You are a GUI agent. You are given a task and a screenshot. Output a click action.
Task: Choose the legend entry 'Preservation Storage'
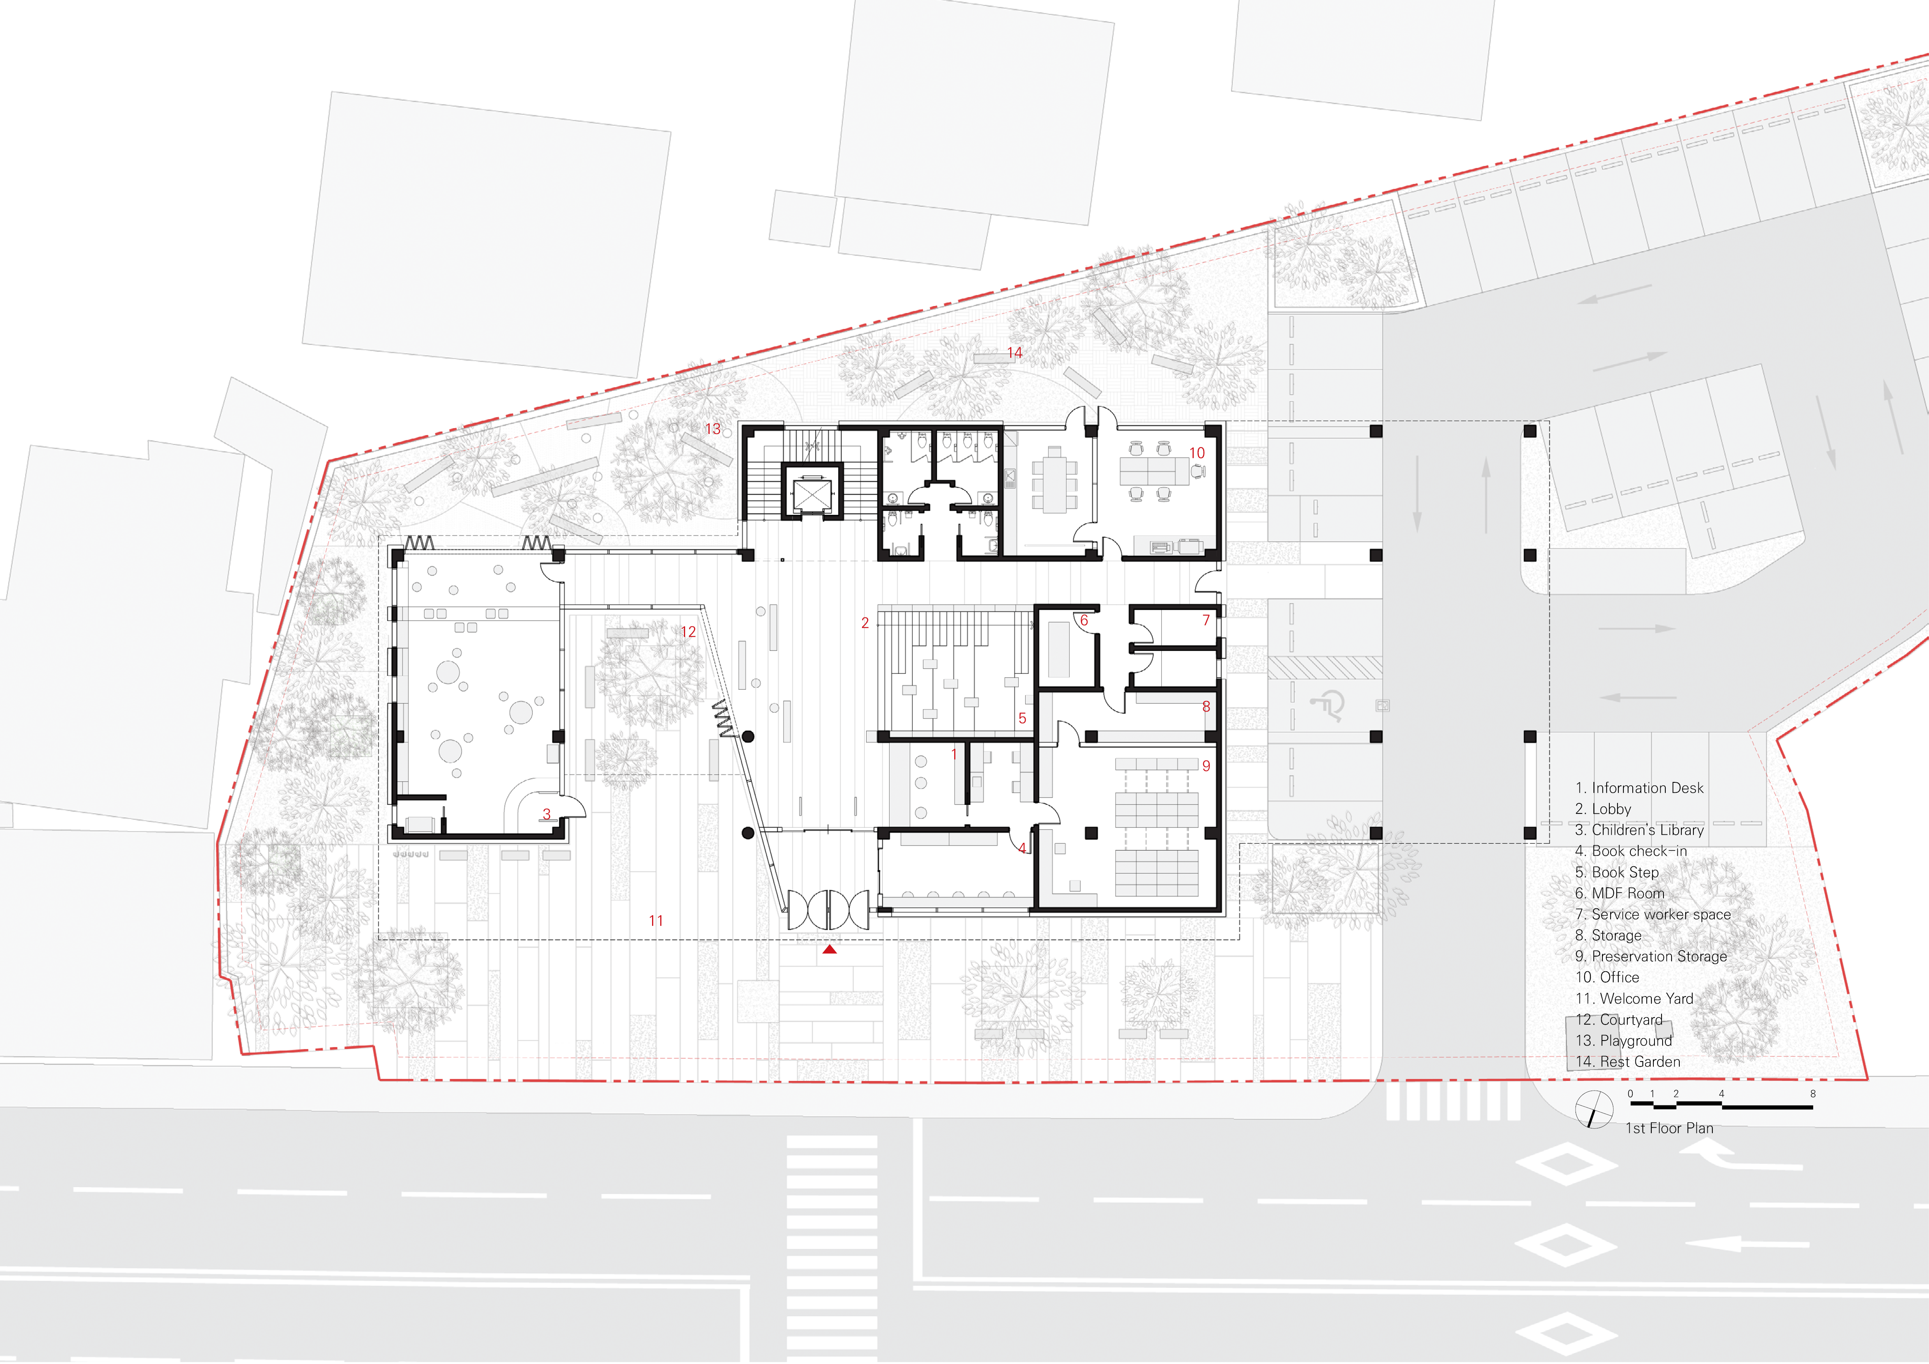click(1651, 956)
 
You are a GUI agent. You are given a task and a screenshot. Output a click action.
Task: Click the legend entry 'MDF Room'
click(1620, 893)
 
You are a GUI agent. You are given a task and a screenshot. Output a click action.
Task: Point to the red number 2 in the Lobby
click(864, 623)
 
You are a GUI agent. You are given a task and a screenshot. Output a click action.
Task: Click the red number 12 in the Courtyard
click(688, 631)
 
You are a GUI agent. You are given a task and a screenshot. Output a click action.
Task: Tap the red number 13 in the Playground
click(712, 428)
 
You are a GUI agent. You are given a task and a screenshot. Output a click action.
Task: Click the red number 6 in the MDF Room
click(1084, 621)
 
